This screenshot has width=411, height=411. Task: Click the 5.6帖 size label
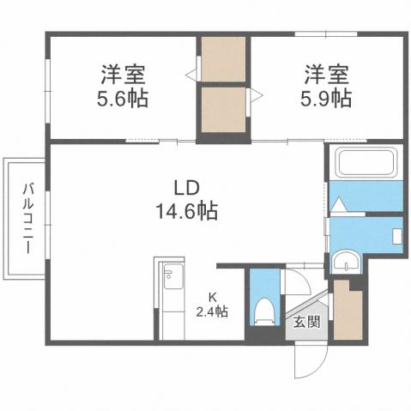pyautogui.click(x=121, y=98)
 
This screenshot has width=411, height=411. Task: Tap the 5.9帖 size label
pyautogui.click(x=325, y=98)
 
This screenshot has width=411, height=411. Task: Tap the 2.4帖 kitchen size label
pyautogui.click(x=211, y=312)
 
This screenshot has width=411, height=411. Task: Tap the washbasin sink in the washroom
pyautogui.click(x=348, y=261)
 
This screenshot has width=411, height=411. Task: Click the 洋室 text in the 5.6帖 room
pyautogui.click(x=121, y=73)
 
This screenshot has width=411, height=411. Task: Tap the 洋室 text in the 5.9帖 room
pyautogui.click(x=325, y=73)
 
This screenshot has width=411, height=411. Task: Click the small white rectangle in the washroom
pyautogui.click(x=397, y=234)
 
